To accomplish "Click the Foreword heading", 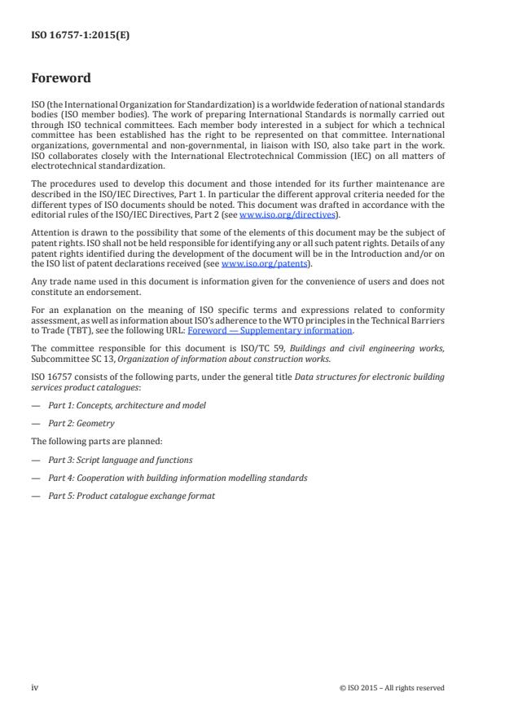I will (61, 79).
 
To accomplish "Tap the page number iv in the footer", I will (35, 687).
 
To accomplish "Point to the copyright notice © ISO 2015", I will (392, 688).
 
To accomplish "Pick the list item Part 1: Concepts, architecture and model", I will (126, 405).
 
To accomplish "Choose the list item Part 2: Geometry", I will (81, 423).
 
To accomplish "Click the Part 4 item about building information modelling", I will (177, 478).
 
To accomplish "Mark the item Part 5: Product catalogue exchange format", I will (131, 496).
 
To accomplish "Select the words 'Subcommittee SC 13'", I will (65, 355).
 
